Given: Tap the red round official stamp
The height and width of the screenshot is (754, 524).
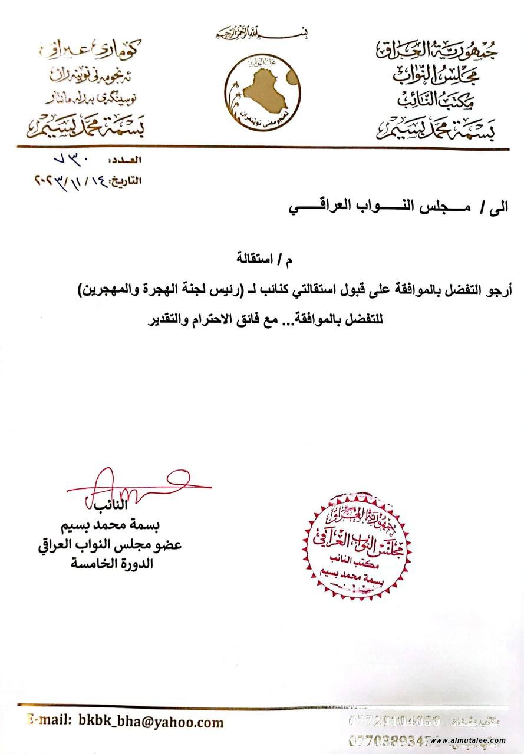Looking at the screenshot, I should click(357, 539).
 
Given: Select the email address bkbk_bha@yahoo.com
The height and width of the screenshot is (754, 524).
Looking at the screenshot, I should click(150, 722).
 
